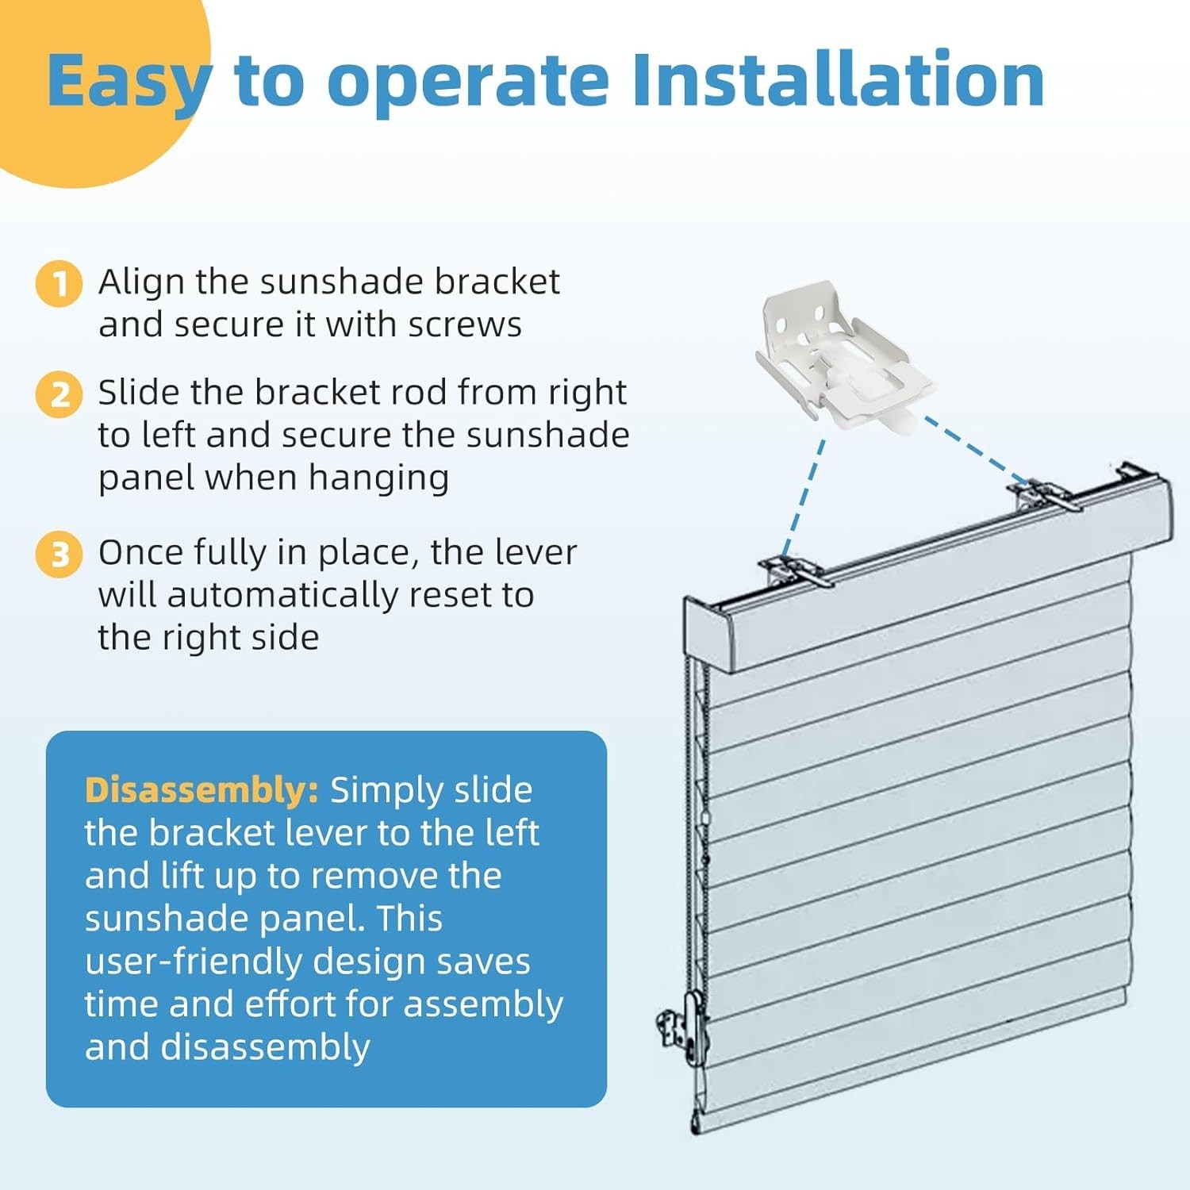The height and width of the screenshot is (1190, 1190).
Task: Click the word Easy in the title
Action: click(129, 83)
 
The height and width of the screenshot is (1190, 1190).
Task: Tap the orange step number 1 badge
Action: click(59, 283)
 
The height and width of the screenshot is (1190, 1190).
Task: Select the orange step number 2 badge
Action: click(59, 394)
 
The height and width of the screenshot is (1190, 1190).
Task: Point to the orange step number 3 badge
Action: click(59, 554)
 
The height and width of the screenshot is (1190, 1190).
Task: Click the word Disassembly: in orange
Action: click(202, 790)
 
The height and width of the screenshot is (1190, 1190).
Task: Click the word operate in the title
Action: click(468, 83)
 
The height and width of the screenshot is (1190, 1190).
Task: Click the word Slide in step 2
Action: click(138, 393)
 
